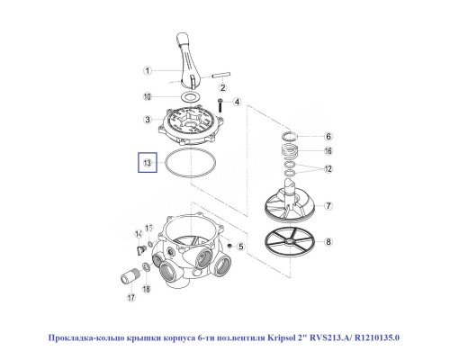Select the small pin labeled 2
pyautogui.click(x=221, y=67)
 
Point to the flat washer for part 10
pyautogui.click(x=191, y=94)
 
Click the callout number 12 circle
pyautogui.click(x=328, y=167)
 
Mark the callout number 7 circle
pyautogui.click(x=328, y=206)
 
